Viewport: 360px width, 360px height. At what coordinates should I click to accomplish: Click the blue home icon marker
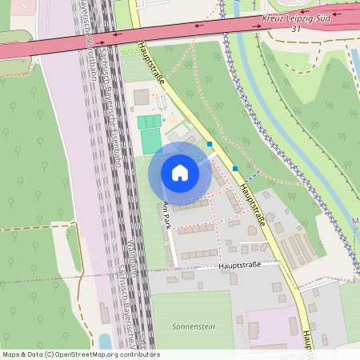click(x=180, y=173)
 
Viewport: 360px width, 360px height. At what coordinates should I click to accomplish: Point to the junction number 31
click(x=295, y=30)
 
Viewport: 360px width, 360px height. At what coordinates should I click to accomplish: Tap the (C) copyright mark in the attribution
click(x=50, y=354)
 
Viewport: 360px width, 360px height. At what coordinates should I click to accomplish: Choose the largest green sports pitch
click(x=150, y=142)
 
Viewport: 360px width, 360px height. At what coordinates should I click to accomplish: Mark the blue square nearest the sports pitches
click(x=210, y=145)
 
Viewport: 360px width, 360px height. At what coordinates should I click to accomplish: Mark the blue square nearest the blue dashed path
click(x=235, y=169)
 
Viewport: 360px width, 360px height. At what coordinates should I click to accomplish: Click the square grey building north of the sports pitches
click(x=141, y=98)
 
